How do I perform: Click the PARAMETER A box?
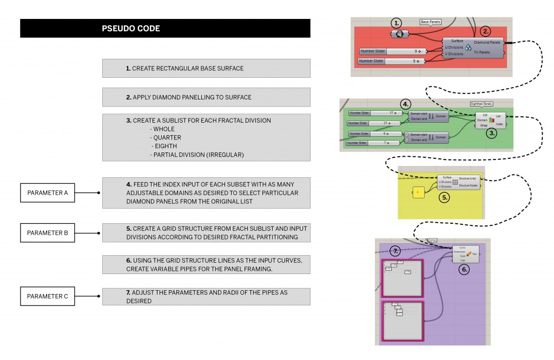48,192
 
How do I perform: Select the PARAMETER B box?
48,233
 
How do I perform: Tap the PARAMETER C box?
48,296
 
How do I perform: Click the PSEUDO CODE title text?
131,29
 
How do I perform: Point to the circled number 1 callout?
397,23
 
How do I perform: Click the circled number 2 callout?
486,31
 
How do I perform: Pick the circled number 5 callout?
444,197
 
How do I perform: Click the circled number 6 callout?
465,268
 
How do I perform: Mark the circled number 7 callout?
397,251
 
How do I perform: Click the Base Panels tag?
431,22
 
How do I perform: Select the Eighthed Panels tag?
480,103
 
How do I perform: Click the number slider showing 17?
372,113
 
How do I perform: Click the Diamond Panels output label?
487,42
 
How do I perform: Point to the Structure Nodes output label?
468,185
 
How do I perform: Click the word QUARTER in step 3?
167,137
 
